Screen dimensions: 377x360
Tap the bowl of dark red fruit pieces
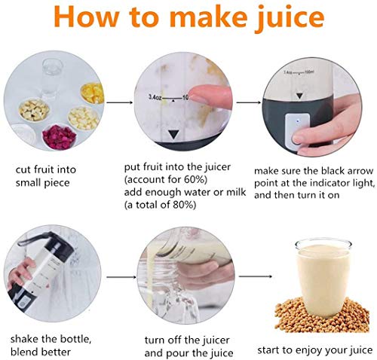(x=59, y=136)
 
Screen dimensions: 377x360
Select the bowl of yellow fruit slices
(x=93, y=93)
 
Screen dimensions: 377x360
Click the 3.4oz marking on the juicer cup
(x=155, y=97)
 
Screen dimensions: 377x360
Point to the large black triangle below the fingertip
(x=173, y=134)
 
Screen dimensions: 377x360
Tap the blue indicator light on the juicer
(x=298, y=121)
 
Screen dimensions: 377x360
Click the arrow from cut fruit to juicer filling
(x=120, y=102)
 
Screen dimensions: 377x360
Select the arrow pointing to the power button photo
(x=249, y=102)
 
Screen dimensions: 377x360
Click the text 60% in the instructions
(x=195, y=179)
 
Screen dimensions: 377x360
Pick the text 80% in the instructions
(x=183, y=205)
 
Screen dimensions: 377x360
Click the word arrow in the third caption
(x=360, y=171)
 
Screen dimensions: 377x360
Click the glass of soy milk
(x=323, y=278)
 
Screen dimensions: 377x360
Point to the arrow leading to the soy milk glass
(x=255, y=276)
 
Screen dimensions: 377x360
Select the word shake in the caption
(x=25, y=339)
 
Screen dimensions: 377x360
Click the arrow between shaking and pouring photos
(x=121, y=277)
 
